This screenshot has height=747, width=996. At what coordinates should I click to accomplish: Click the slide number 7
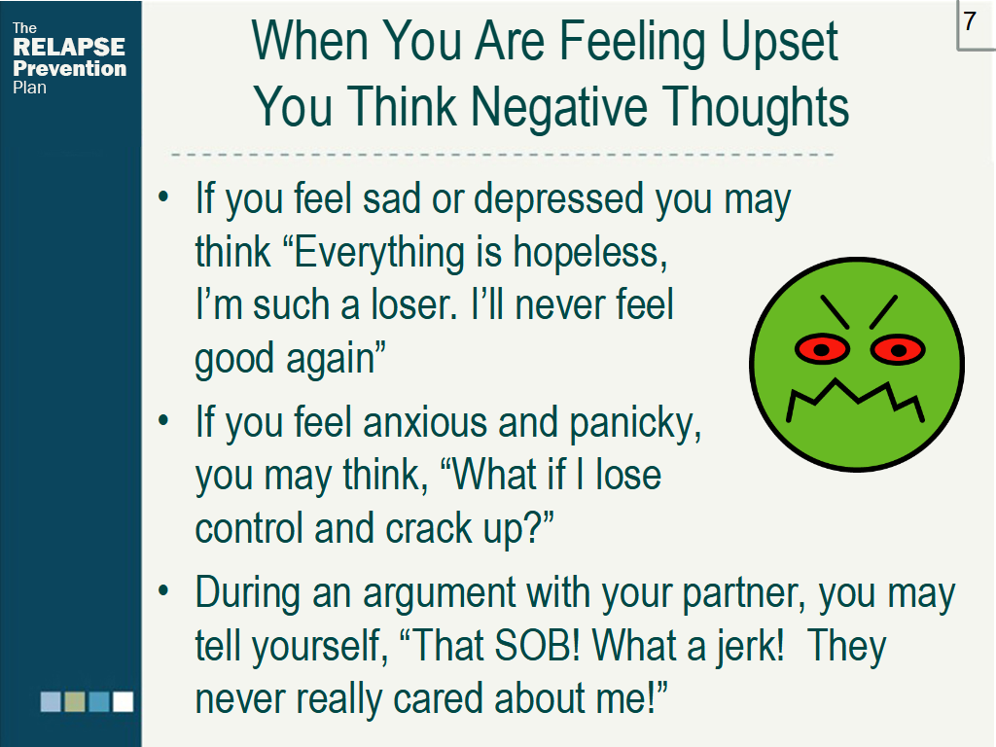point(970,21)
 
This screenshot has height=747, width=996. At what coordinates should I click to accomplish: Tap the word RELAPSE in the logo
point(69,47)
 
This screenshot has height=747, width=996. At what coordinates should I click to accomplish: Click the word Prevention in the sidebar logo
point(69,68)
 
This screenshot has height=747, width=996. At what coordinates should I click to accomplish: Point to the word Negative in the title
point(559,107)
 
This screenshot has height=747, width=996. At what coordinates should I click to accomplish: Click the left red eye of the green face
point(822,349)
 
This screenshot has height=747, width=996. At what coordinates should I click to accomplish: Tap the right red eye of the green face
point(898,349)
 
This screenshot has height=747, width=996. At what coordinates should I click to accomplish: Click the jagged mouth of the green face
point(855,400)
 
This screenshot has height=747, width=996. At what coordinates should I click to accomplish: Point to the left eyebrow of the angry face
point(835,312)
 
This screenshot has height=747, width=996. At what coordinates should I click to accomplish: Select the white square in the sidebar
point(124,702)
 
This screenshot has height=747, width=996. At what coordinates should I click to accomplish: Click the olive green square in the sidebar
point(75,702)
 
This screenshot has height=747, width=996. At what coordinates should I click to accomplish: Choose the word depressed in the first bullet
point(559,198)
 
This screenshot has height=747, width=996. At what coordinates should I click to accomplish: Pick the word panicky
point(635,423)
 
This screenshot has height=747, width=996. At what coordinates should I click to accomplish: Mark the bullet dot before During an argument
point(163,590)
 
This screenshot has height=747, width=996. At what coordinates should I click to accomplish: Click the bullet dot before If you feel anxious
point(163,420)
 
